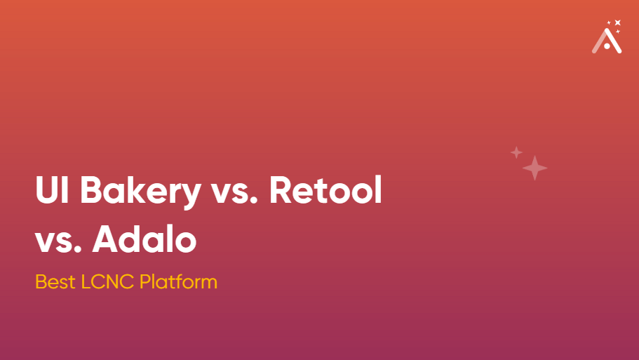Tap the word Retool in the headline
tap(325, 190)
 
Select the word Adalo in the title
tap(144, 239)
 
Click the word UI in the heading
tap(52, 190)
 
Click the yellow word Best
tap(55, 281)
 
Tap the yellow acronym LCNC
tap(107, 281)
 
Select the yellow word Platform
tap(178, 281)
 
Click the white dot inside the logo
tap(607, 46)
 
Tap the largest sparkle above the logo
tap(618, 22)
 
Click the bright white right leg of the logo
tap(614, 41)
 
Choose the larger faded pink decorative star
tap(534, 168)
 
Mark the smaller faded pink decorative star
tap(516, 152)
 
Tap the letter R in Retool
tap(281, 190)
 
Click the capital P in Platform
tap(145, 281)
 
